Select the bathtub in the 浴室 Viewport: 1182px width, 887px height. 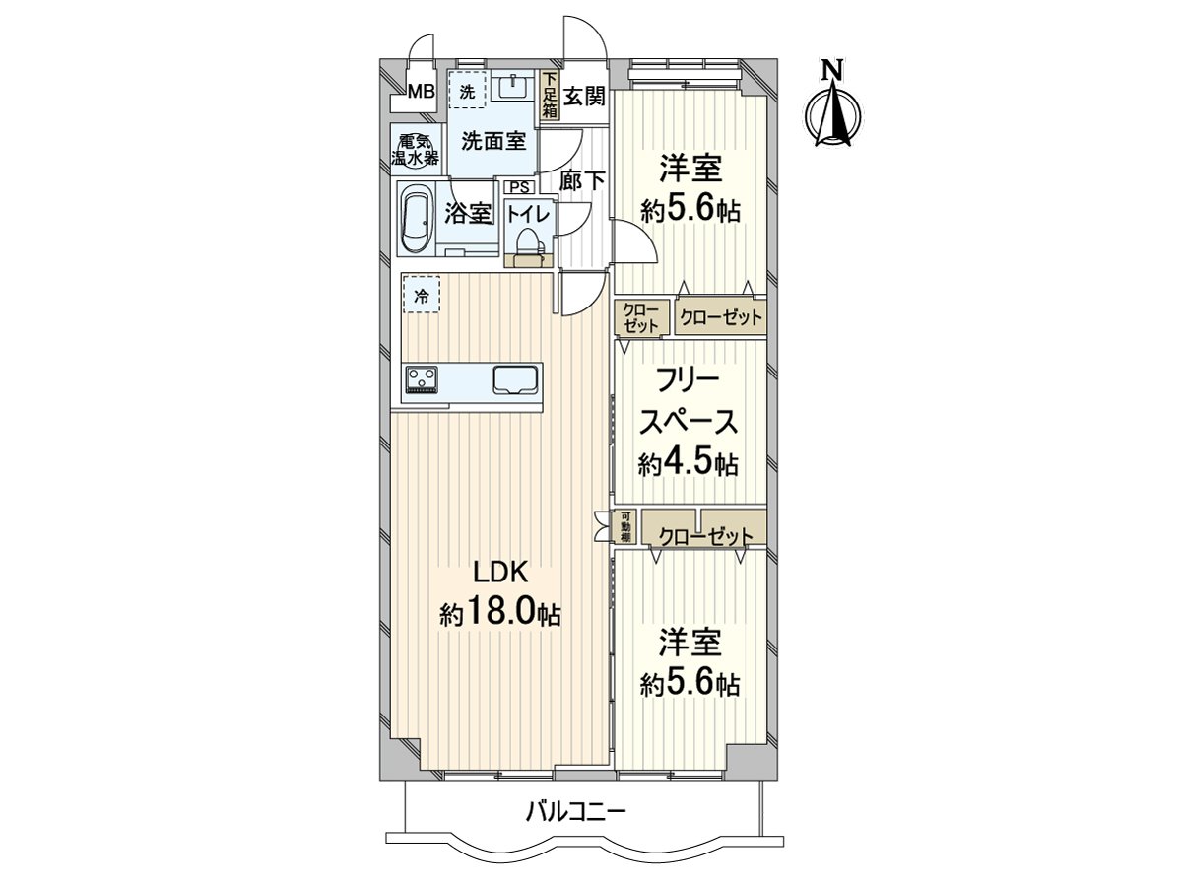point(418,219)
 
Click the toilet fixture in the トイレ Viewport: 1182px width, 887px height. point(530,242)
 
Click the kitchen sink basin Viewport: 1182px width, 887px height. point(515,379)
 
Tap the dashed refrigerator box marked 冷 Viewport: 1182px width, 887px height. point(422,295)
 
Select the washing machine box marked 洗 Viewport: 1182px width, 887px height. point(468,92)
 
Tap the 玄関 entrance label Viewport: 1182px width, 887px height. point(584,96)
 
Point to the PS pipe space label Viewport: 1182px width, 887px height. point(518,187)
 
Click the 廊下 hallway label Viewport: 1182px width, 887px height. point(581,181)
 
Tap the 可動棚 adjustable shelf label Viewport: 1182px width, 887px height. point(624,528)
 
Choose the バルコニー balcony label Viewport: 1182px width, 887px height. point(575,812)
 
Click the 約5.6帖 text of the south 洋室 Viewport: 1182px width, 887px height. point(689,683)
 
